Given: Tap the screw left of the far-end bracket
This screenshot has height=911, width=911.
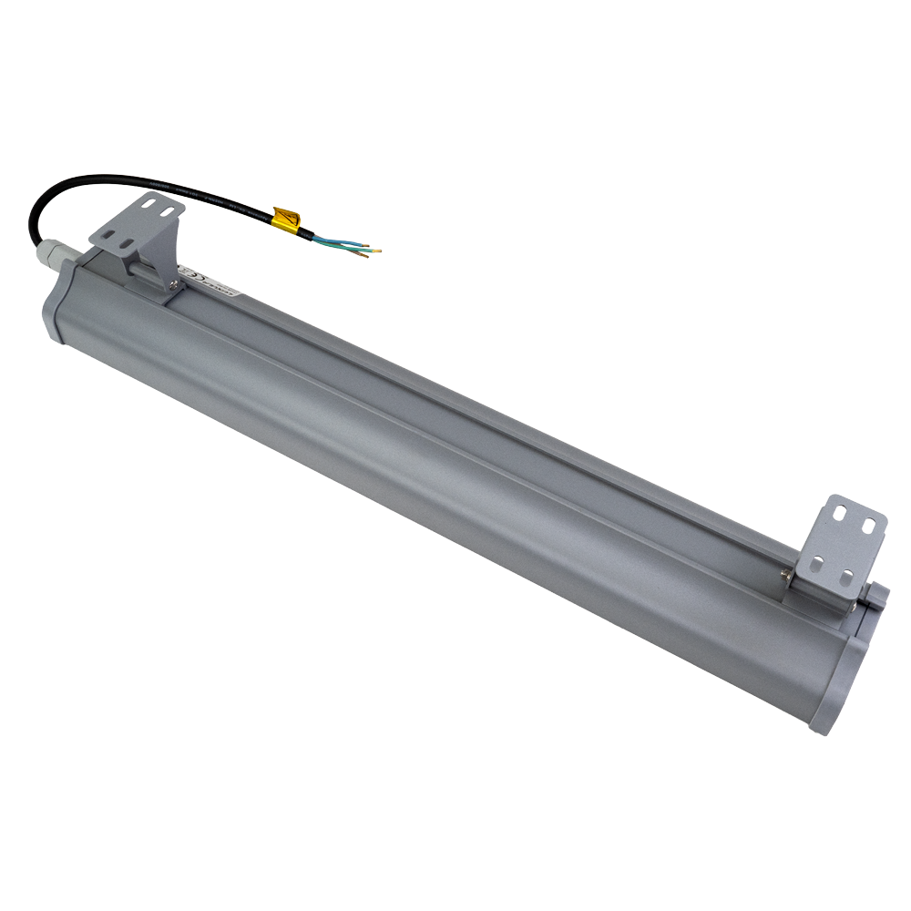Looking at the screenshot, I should [784, 573].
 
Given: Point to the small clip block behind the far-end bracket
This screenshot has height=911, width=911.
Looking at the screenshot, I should [875, 597].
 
